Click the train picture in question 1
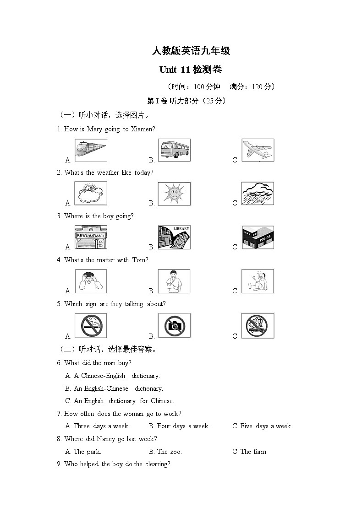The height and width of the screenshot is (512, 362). click(x=90, y=150)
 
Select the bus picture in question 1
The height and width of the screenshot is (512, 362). click(x=174, y=150)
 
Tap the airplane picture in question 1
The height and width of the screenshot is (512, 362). click(x=258, y=150)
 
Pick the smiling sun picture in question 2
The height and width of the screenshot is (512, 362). click(x=174, y=194)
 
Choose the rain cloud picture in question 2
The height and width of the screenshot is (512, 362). click(x=258, y=194)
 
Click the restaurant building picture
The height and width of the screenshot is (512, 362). click(x=90, y=237)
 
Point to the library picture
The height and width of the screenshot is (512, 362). click(x=174, y=237)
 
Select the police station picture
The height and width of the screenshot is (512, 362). click(x=258, y=237)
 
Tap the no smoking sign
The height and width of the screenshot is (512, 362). click(x=91, y=325)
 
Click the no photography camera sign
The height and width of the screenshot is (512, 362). click(x=174, y=325)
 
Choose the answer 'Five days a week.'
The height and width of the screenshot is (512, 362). click(x=262, y=426)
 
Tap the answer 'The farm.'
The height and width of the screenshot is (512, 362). click(x=250, y=452)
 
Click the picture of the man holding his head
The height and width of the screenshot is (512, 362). click(x=91, y=281)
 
